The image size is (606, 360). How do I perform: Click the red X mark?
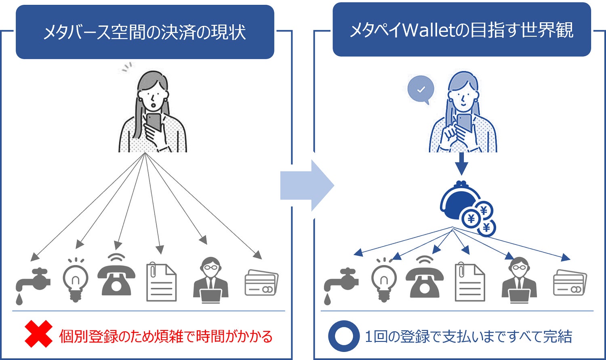click(38, 334)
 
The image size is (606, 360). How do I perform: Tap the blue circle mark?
click(343, 336)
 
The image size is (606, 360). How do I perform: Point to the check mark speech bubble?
click(421, 90)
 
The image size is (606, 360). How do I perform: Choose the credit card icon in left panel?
click(261, 283)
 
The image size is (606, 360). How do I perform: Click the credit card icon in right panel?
click(570, 283)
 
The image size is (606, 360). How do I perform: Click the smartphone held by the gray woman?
click(154, 122)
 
